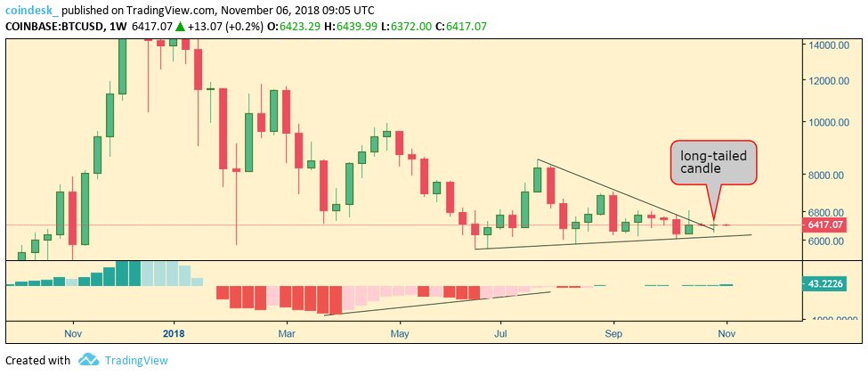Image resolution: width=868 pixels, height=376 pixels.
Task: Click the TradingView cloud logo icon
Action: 88,360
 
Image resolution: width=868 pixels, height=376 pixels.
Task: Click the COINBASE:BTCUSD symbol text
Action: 53,27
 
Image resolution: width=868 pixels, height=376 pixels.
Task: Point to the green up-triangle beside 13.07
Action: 180,27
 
